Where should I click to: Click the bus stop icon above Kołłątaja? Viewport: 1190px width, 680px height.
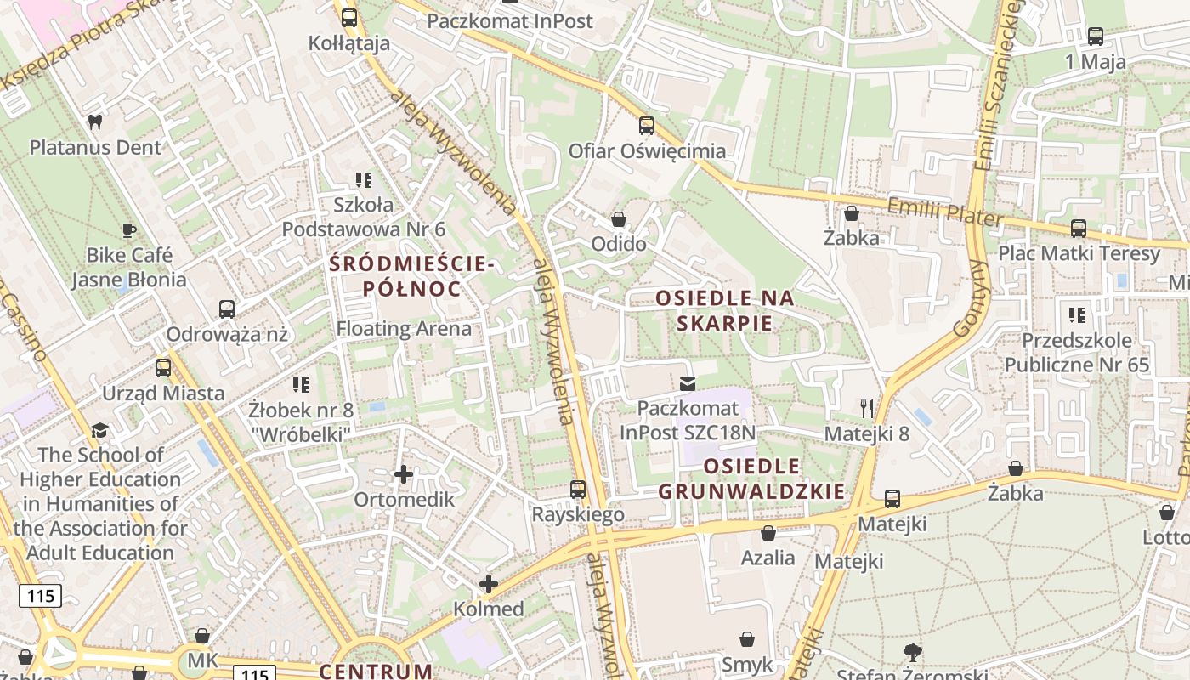(x=348, y=17)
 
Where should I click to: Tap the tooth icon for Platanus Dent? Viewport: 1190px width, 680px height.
(x=95, y=122)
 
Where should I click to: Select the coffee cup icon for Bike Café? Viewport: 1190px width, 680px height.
(x=128, y=230)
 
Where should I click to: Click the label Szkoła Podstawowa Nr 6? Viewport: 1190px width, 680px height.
(x=364, y=217)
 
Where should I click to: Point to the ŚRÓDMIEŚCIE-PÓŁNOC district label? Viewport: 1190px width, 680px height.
(x=412, y=276)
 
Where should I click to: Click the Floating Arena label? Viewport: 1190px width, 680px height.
(x=404, y=329)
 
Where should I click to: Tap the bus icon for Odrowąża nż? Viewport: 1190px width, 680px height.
(x=227, y=309)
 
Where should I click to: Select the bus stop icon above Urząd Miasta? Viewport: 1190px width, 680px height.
(x=163, y=368)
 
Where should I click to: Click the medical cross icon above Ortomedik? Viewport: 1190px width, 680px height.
(x=404, y=473)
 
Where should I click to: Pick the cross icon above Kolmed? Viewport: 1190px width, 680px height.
(x=489, y=584)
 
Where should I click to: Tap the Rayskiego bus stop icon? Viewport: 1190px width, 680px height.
(x=578, y=489)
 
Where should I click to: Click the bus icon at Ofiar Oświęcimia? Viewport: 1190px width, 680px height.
(x=647, y=126)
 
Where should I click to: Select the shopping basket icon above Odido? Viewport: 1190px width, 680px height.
(x=619, y=219)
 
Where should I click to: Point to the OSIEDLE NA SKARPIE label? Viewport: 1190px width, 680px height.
(x=725, y=310)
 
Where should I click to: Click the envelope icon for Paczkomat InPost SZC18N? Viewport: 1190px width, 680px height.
(x=687, y=384)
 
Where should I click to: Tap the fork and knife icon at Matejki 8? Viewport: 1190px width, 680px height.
(x=867, y=409)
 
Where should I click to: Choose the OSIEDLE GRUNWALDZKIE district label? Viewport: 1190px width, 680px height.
(x=752, y=479)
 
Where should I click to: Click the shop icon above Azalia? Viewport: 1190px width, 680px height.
(x=768, y=533)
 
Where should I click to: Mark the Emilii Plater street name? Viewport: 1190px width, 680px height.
(x=944, y=212)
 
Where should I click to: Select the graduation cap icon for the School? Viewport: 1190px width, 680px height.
(x=100, y=430)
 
